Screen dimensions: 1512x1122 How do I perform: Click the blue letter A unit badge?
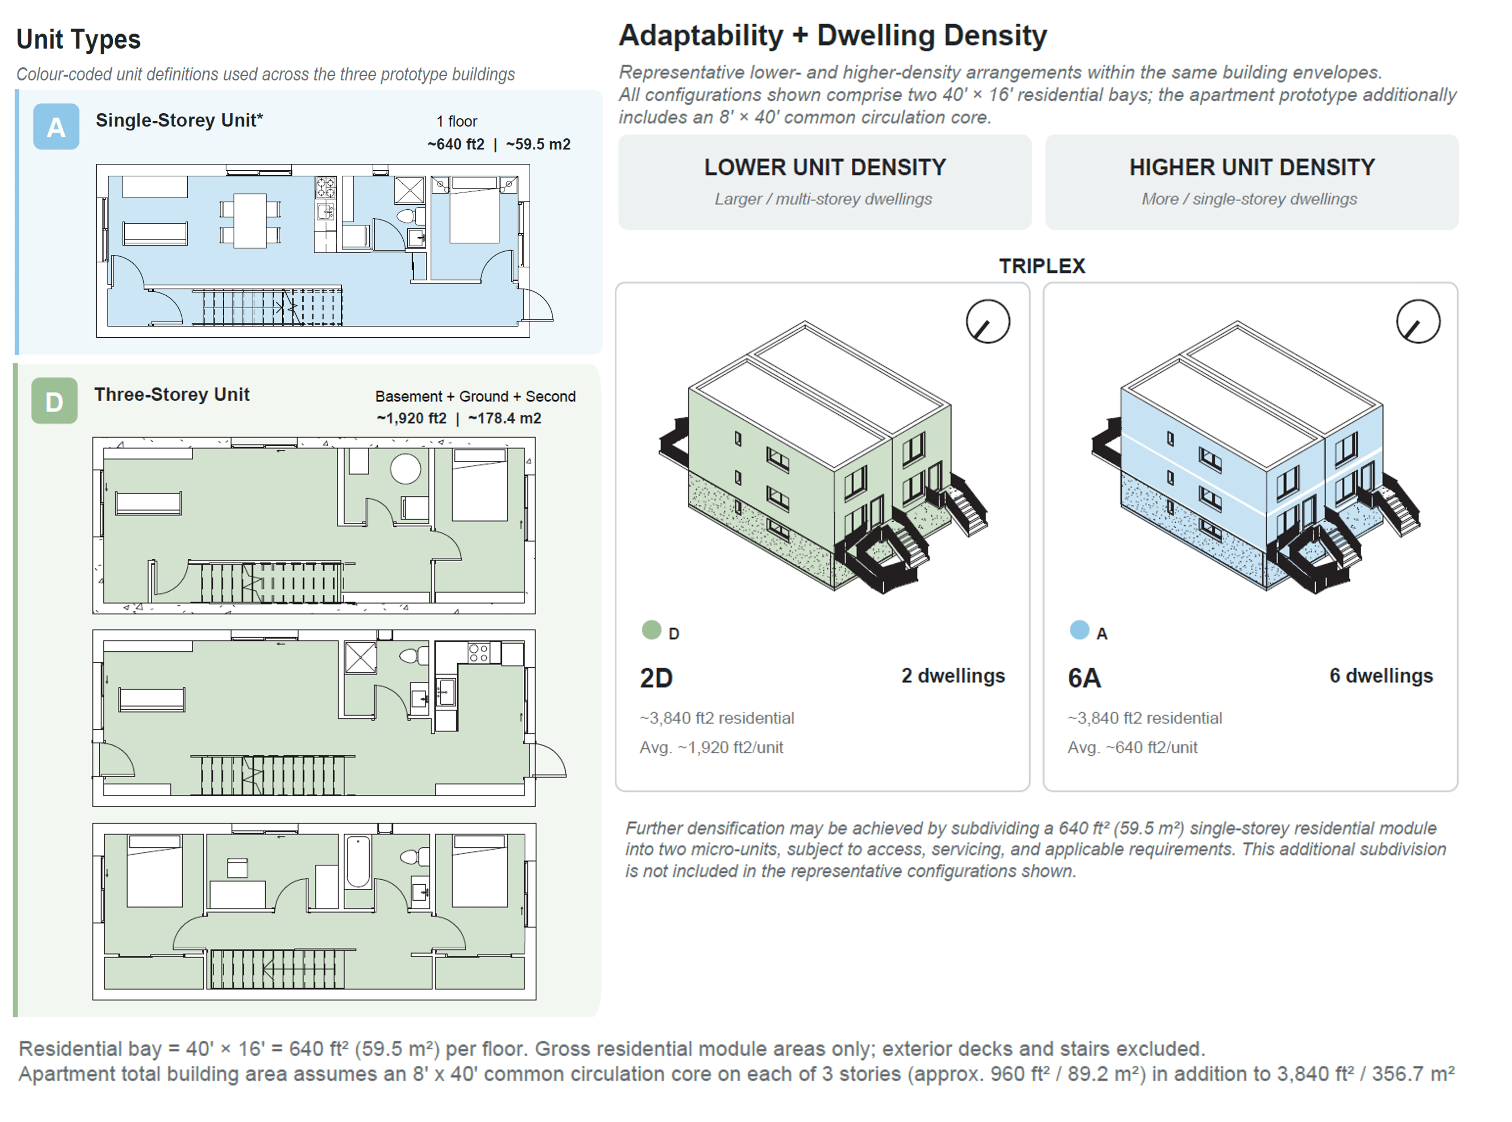pos(57,127)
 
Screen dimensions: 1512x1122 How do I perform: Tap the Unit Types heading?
pos(78,39)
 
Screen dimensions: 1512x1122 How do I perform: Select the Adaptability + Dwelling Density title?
pos(833,35)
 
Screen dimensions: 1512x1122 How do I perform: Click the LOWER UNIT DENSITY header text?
pos(824,167)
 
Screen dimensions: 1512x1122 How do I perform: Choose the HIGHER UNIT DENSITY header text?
pos(1252,167)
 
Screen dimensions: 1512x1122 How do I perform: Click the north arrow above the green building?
pos(988,321)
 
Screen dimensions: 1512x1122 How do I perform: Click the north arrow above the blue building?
pos(1418,321)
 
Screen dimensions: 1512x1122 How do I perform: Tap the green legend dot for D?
pos(651,630)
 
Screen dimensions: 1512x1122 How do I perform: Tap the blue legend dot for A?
pos(1079,630)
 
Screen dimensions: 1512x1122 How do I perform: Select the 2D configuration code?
pos(656,678)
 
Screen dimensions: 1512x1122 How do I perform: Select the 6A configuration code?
pos(1084,678)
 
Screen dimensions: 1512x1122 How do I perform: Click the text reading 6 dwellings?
pos(1381,676)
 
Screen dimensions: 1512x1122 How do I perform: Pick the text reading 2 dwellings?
pos(953,676)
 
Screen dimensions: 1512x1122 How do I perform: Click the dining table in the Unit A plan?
pos(250,221)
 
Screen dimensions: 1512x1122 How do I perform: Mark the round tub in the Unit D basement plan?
pos(406,469)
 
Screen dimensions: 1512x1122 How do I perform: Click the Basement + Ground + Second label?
pos(475,397)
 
